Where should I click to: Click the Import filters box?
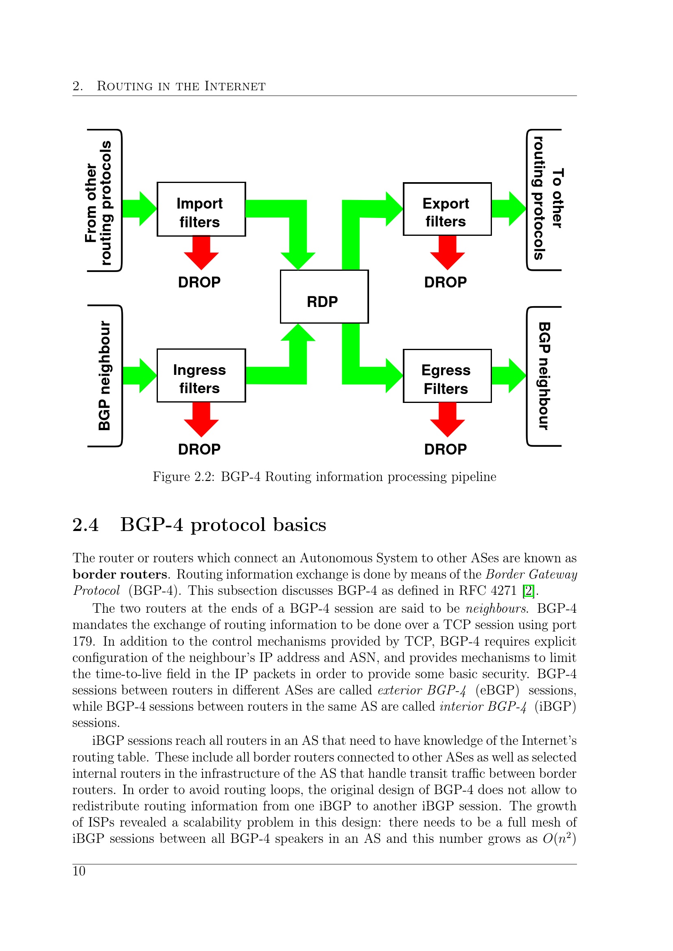(x=201, y=209)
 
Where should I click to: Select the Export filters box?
(x=447, y=209)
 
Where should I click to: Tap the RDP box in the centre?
(x=324, y=296)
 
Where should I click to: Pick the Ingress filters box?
(x=201, y=376)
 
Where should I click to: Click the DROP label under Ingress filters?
(x=199, y=449)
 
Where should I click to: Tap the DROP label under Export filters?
(x=446, y=283)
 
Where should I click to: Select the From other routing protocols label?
(x=98, y=202)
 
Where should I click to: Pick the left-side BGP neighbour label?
(x=105, y=376)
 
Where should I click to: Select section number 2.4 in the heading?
(x=85, y=525)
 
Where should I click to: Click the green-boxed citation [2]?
(x=529, y=591)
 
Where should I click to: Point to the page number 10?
(x=79, y=871)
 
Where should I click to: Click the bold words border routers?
(x=120, y=575)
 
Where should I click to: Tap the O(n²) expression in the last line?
(x=559, y=839)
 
